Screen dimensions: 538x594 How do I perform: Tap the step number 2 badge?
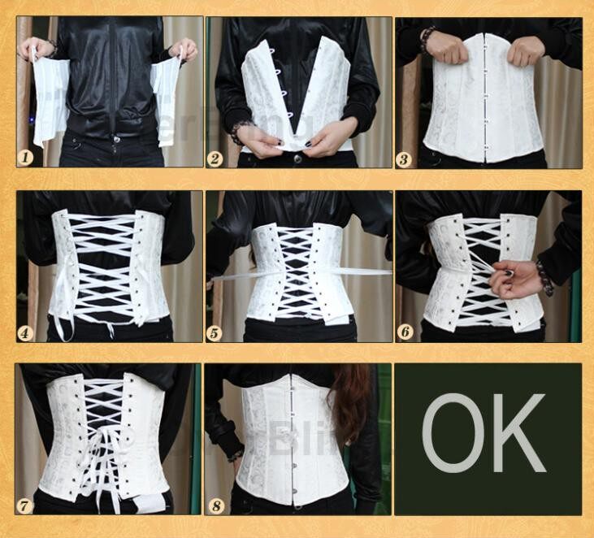(215, 158)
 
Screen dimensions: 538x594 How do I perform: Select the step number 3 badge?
(404, 158)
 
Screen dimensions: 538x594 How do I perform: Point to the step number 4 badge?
(27, 332)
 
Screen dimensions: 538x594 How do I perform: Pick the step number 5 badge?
(215, 332)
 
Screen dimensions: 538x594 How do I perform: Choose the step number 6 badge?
(404, 332)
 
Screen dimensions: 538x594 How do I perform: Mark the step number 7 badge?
(27, 505)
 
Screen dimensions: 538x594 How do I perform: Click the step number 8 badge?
(215, 505)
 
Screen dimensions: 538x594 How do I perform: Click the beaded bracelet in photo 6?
(544, 278)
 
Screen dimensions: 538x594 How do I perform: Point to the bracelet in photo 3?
(427, 36)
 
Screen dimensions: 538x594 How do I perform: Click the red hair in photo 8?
(351, 402)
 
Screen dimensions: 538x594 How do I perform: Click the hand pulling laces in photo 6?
(516, 279)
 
